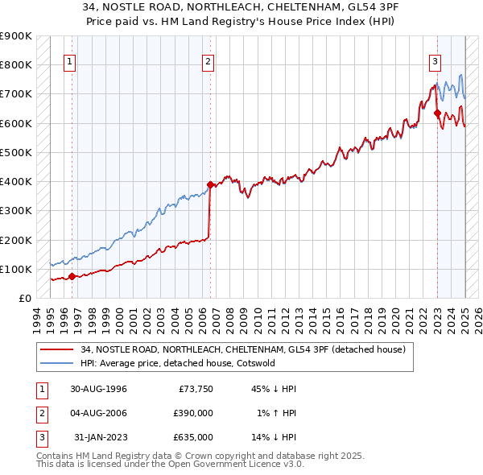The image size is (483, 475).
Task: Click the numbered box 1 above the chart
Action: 69,60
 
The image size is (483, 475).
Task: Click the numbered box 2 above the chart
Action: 208,60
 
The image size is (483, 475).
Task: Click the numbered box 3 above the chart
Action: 435,60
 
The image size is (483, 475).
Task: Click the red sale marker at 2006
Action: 210,184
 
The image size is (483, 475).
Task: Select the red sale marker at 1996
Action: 72,276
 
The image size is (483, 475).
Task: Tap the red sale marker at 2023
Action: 437,114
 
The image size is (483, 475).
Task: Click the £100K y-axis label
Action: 17,269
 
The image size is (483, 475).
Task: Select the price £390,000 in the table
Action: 193,413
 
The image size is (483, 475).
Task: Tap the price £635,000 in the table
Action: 193,436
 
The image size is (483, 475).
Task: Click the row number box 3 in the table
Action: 39,436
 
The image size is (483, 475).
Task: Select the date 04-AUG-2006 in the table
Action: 98,413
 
